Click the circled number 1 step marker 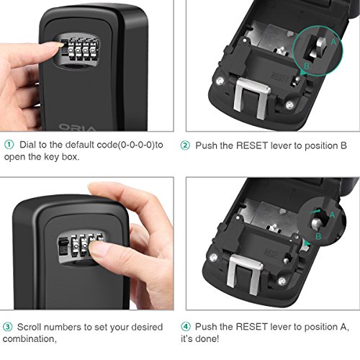coord(7,144)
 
